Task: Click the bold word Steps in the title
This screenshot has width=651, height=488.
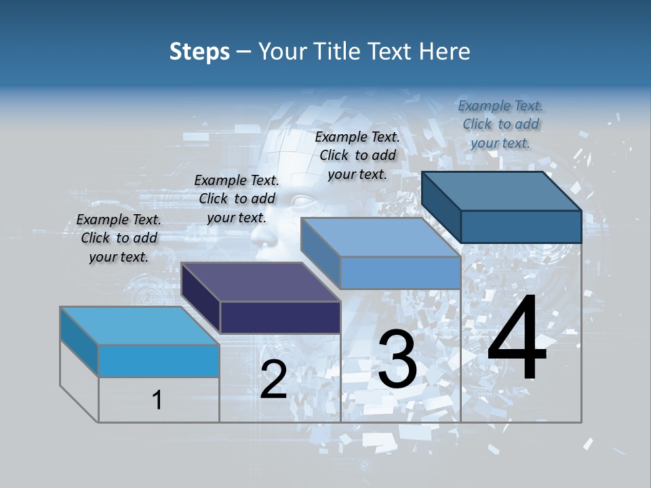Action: pos(199,52)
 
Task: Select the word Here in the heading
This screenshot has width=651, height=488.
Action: pos(445,52)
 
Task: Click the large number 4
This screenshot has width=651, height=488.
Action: pos(517,339)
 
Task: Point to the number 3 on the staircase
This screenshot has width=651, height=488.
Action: pos(397,359)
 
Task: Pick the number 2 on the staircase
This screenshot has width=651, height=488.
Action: pos(273,380)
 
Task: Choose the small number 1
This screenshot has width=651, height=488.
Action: pos(157,400)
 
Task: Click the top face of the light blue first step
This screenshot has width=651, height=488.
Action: pos(139,325)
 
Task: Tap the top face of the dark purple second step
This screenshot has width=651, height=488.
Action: pos(260,282)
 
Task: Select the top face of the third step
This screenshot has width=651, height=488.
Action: pos(380,237)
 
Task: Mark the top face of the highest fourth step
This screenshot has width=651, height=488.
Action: pos(502,191)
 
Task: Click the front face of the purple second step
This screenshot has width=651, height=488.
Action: pos(280,317)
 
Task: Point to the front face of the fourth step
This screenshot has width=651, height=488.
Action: pos(521,226)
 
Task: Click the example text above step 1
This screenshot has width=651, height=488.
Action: pos(119,238)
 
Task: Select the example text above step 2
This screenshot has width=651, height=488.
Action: pos(237,199)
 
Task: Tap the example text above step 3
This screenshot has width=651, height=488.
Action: pos(357,155)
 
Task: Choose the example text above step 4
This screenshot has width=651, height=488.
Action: pos(500,124)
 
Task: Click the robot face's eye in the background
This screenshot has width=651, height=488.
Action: pos(304,201)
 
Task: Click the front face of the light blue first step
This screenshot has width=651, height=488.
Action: pos(159,361)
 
